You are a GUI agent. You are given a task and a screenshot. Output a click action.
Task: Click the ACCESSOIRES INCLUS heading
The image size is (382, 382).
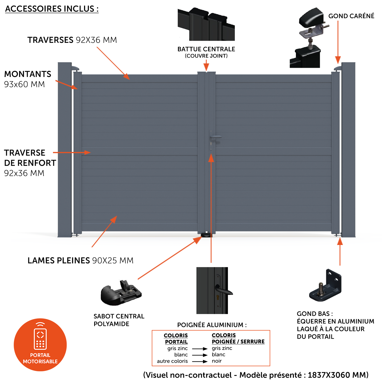pyautogui.click(x=52, y=9)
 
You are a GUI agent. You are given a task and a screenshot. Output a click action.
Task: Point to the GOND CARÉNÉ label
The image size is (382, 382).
pyautogui.click(x=351, y=16)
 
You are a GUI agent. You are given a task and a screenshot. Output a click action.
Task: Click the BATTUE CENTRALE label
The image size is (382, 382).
pyautogui.click(x=206, y=49)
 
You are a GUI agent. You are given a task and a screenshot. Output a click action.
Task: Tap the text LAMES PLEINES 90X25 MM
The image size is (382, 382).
pyautogui.click(x=80, y=261)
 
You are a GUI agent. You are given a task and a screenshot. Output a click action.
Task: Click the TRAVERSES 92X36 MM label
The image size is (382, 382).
pyautogui.click(x=72, y=40)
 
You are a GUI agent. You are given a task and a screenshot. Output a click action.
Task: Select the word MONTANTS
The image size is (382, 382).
pyautogui.click(x=28, y=74)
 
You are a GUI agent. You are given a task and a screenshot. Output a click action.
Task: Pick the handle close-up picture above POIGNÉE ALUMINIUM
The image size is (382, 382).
pyautogui.click(x=212, y=290)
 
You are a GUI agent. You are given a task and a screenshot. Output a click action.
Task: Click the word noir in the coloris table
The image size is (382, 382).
pyautogui.click(x=217, y=361)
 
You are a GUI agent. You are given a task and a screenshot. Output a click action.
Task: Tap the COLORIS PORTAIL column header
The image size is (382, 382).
pyautogui.click(x=176, y=339)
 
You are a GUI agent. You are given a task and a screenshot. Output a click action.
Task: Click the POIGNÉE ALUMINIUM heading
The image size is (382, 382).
pyautogui.click(x=212, y=325)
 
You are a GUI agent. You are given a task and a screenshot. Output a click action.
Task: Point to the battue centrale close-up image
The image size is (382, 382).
pyautogui.click(x=206, y=24)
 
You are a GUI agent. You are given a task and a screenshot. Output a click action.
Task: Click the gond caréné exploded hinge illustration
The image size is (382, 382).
pyautogui.click(x=309, y=38)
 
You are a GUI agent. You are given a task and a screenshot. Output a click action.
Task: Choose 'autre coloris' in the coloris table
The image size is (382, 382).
pyautogui.click(x=172, y=361)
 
